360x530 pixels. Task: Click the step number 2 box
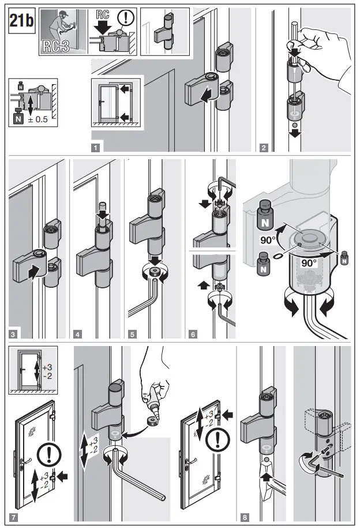264,147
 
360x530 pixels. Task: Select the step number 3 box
13,333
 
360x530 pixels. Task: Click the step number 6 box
191,333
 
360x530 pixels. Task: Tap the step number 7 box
13,517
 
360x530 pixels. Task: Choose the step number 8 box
245,517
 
